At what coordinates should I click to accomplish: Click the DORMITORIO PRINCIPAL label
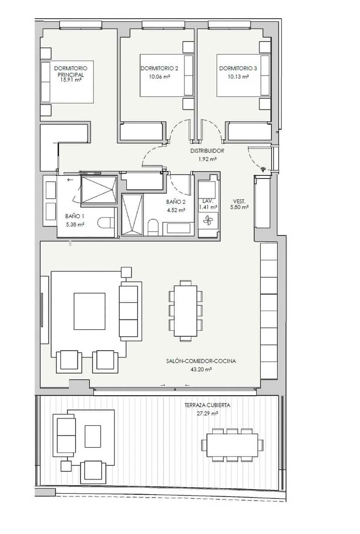[71, 71]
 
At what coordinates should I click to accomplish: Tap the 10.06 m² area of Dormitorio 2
[159, 77]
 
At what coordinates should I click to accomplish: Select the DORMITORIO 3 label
[238, 69]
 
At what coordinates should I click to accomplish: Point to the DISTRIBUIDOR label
[207, 151]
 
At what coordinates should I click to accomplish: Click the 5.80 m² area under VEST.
[239, 207]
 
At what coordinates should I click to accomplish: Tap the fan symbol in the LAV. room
[208, 219]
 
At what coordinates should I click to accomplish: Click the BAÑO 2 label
[176, 202]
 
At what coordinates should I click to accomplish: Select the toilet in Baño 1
[105, 222]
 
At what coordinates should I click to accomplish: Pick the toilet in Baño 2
[153, 227]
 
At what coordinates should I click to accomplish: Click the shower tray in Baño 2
[132, 214]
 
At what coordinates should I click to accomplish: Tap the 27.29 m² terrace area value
[207, 413]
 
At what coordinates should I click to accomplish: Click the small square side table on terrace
[66, 466]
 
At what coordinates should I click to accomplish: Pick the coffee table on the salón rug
[89, 311]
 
